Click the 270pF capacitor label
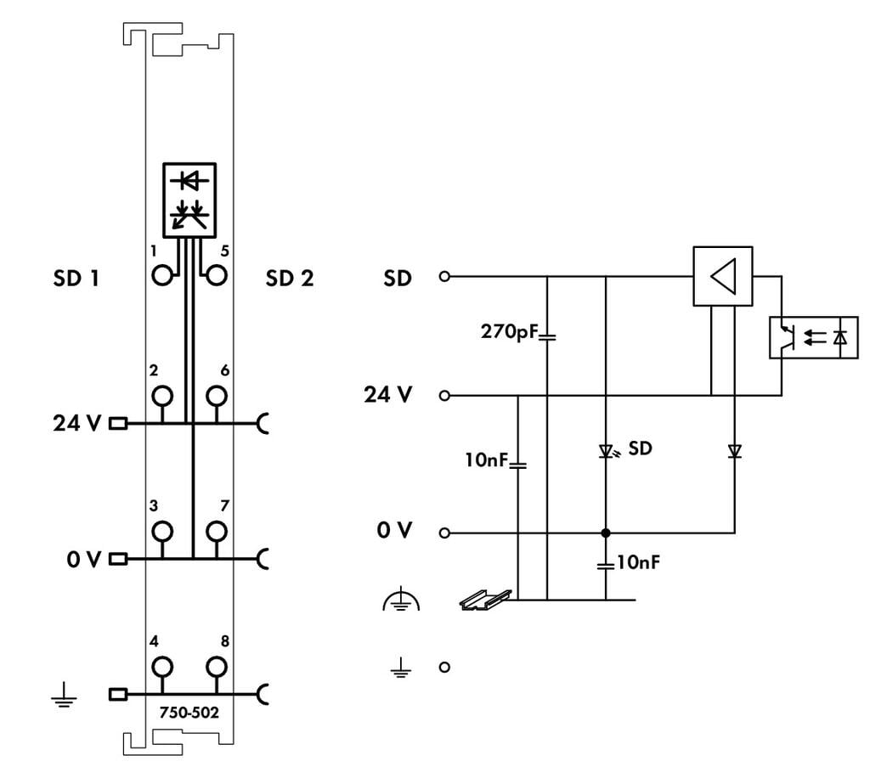click(510, 331)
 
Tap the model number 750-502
click(189, 713)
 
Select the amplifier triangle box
click(722, 276)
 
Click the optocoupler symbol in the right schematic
click(813, 337)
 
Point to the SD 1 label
click(76, 278)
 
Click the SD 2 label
click(289, 278)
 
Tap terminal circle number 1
click(162, 275)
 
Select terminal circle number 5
click(217, 275)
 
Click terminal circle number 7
click(217, 531)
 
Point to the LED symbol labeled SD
click(606, 450)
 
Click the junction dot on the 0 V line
click(606, 533)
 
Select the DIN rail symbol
click(485, 600)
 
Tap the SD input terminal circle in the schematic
click(443, 276)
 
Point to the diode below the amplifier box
click(735, 452)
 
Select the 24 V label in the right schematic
click(388, 395)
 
